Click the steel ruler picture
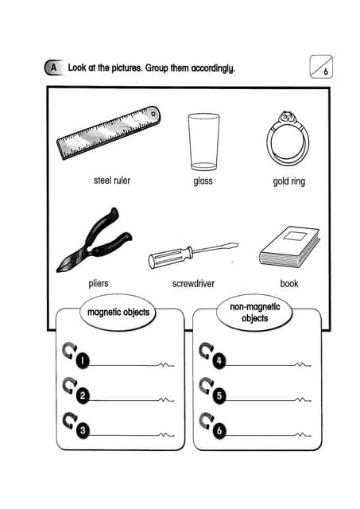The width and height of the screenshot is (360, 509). point(108,133)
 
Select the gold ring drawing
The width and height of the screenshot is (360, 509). point(287,138)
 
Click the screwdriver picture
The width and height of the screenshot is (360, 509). point(193,255)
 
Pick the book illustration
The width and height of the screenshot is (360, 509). point(289,246)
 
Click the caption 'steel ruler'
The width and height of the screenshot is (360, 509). point(111,181)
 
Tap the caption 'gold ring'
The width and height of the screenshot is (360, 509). point(288,181)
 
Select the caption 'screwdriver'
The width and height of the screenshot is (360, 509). point(193,283)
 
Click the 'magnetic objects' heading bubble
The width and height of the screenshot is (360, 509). point(118,313)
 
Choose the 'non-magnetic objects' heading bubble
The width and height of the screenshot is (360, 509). point(249,313)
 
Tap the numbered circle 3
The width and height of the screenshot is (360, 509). point(83,430)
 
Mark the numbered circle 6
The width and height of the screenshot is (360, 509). point(220,430)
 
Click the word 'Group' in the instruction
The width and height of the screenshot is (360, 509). point(160,68)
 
